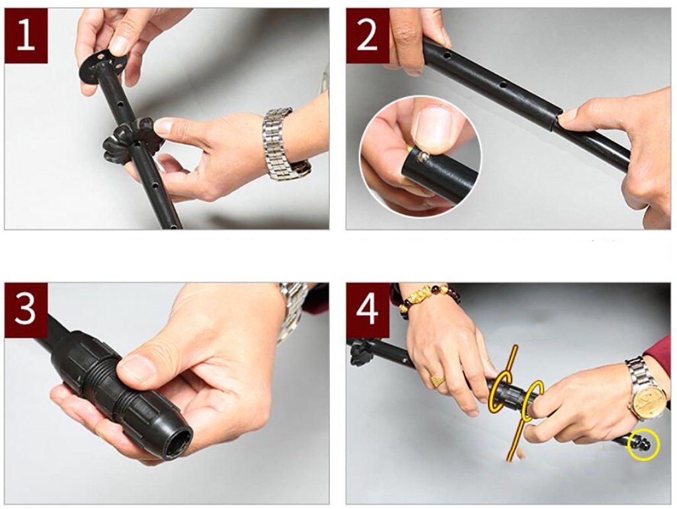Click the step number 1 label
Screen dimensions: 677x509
26,36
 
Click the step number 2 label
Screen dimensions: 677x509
368,36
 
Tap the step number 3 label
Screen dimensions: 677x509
26,309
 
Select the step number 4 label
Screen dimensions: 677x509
368,309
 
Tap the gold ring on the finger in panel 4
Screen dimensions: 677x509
438,380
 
